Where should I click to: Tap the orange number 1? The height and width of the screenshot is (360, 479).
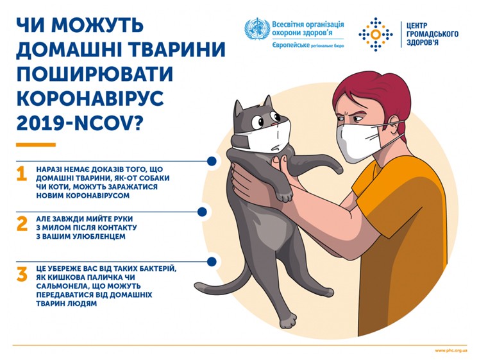tap(22, 174)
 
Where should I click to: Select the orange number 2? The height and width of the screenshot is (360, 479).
tap(22, 223)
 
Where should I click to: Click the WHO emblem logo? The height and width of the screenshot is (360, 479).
tap(257, 30)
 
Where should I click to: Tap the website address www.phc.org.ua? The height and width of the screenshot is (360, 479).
tap(451, 350)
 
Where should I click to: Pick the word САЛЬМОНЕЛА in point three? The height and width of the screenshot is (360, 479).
tap(65, 286)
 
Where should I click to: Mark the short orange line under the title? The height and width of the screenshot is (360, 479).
tap(36, 145)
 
